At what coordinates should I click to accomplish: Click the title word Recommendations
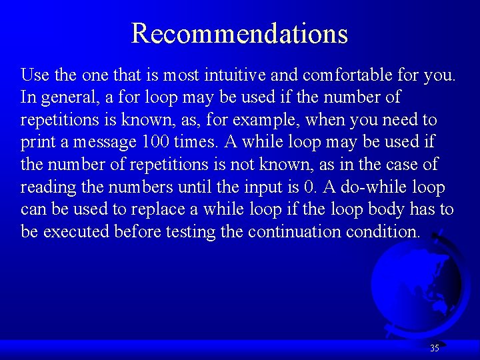[239, 33]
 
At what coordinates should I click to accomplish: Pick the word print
[37, 143]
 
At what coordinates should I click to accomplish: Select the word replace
[158, 210]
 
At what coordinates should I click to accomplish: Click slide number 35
[435, 348]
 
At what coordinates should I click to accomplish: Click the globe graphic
[417, 287]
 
